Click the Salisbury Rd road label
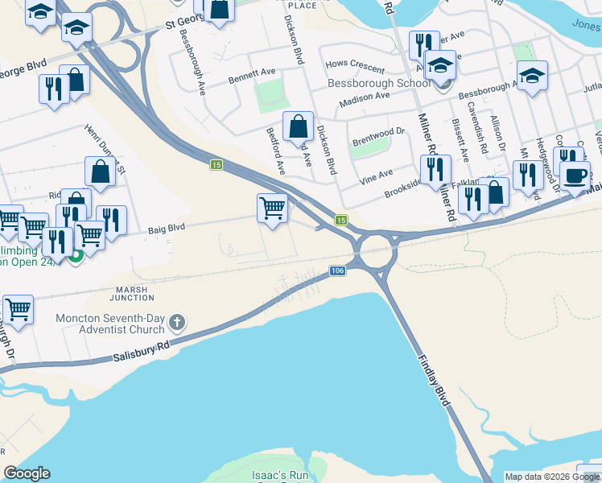(142, 350)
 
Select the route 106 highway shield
(337, 270)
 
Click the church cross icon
(178, 324)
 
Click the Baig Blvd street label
(167, 228)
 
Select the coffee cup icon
(575, 175)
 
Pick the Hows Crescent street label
(354, 64)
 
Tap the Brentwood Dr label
(377, 136)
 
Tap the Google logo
(27, 473)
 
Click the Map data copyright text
(551, 477)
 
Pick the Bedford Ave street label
(276, 151)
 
